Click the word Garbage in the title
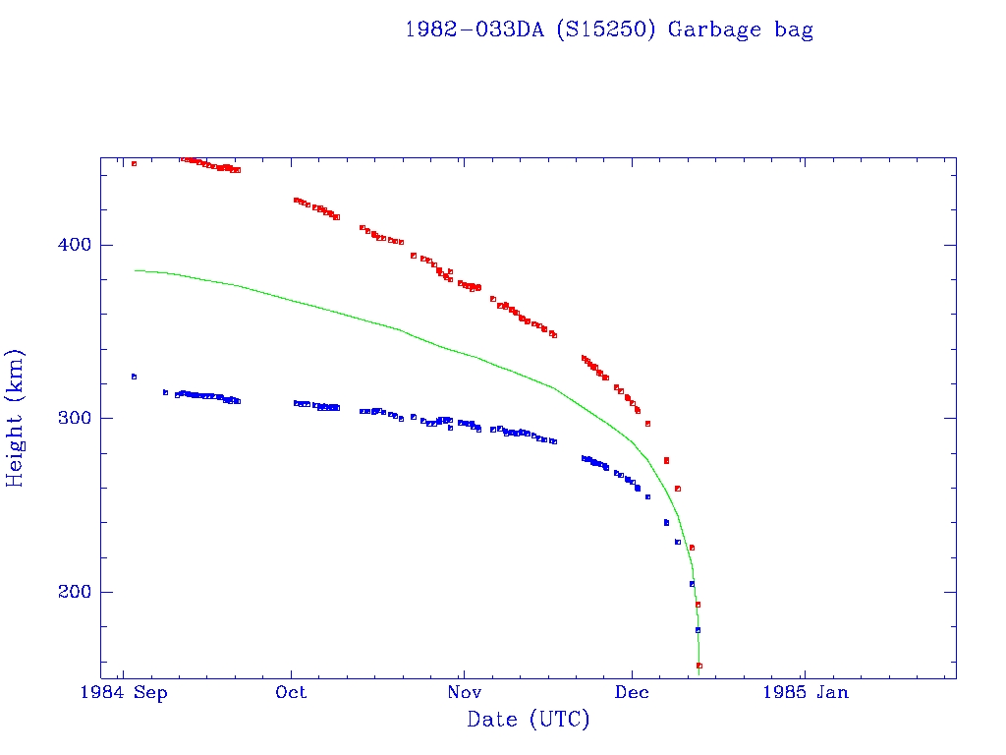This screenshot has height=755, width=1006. click(714, 29)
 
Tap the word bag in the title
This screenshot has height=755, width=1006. click(793, 29)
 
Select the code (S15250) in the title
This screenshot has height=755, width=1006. click(606, 29)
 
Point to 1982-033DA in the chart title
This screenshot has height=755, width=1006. click(475, 29)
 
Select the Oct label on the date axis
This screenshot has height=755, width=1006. click(291, 692)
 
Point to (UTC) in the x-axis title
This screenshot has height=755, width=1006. click(559, 720)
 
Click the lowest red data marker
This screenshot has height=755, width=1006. click(699, 666)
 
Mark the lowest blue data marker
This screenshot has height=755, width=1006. click(698, 630)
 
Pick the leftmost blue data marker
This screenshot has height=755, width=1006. click(134, 377)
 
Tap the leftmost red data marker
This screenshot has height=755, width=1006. click(134, 163)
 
